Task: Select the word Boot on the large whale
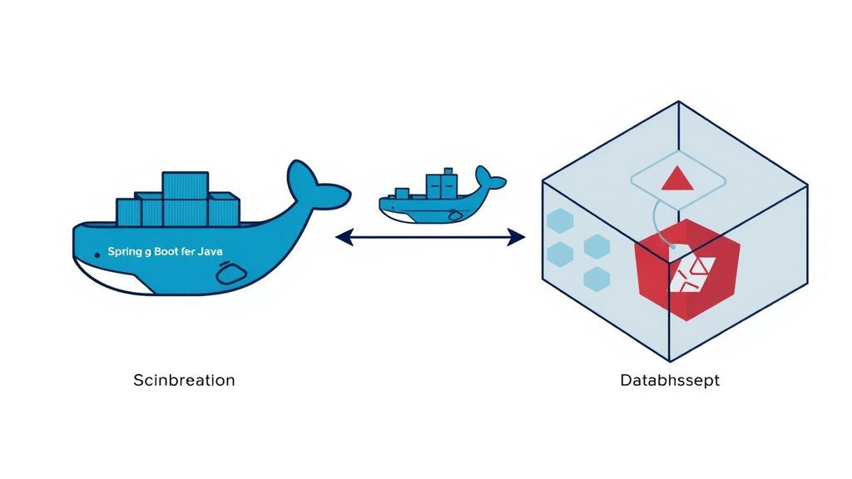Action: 171,250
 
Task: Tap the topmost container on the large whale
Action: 185,185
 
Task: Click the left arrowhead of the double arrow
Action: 340,239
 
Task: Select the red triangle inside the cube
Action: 675,179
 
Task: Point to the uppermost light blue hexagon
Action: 559,221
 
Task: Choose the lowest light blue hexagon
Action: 597,279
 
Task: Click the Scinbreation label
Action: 184,380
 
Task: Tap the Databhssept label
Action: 670,381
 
